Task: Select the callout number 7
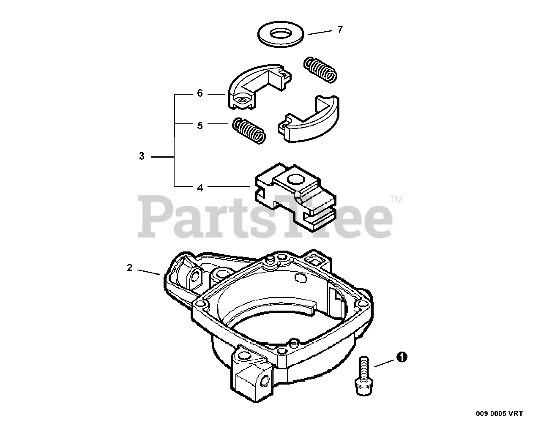340,30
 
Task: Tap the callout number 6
200,93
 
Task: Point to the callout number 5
200,126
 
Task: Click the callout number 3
142,156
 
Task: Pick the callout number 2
130,267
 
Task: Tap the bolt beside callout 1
361,376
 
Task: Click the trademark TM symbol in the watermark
396,199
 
